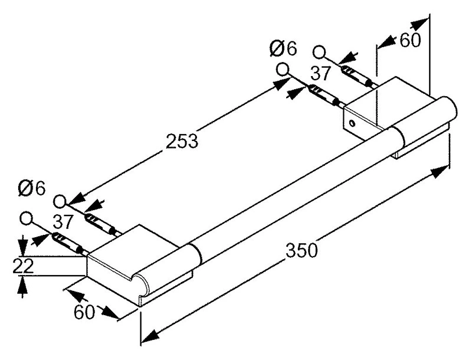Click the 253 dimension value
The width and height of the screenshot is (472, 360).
point(182,141)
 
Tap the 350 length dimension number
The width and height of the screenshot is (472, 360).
point(301,250)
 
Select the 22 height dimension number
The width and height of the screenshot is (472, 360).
point(23,266)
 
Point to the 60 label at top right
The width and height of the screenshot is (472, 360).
point(410,40)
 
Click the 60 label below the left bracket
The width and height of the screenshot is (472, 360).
point(84,312)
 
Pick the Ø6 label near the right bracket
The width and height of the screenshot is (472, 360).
point(283,48)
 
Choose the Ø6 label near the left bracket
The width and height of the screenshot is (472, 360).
point(32,188)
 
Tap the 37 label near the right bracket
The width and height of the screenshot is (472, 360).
point(321,73)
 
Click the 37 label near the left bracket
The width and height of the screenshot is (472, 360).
point(63,221)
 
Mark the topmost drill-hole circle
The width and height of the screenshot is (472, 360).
point(319,52)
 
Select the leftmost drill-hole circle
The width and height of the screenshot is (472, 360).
point(26,218)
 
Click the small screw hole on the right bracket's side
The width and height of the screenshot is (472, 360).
point(352,123)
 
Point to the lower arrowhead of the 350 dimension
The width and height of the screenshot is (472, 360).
point(150,336)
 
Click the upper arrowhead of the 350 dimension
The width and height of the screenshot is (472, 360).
point(440,172)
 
